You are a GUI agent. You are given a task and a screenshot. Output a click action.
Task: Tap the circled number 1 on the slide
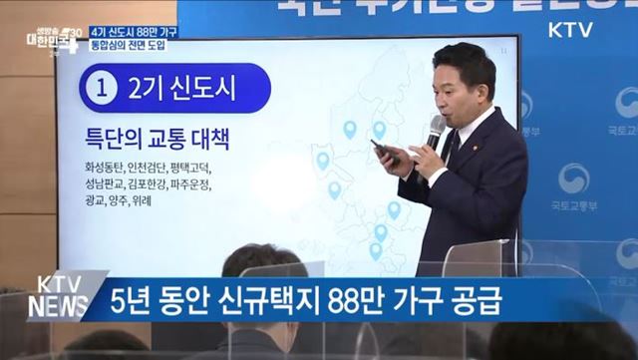(102, 88)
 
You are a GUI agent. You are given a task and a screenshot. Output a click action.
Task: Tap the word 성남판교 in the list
(107, 184)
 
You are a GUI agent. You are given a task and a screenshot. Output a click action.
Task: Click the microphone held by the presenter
(435, 131)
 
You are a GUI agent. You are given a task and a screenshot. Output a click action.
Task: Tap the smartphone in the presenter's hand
(384, 152)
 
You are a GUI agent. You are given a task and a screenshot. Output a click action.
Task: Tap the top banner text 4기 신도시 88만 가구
(126, 31)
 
